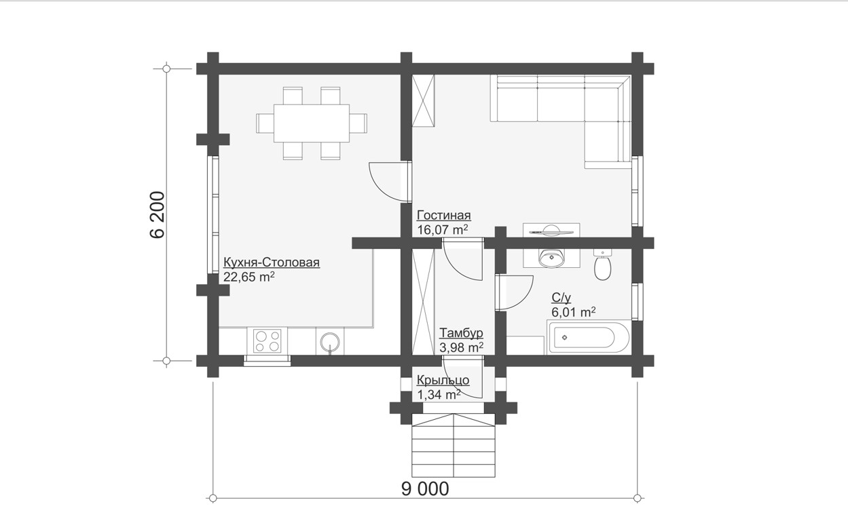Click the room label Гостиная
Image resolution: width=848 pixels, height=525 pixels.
click(443, 215)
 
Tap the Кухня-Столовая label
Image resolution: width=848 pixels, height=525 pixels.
click(272, 262)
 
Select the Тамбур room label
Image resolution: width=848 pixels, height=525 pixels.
click(461, 333)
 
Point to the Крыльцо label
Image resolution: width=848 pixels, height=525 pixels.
click(443, 380)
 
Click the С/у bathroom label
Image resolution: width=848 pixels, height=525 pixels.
click(561, 298)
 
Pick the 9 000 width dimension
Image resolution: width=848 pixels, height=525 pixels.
click(425, 489)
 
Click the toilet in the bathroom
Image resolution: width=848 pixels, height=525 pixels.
click(602, 265)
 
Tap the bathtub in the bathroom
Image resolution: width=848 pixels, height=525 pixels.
click(588, 337)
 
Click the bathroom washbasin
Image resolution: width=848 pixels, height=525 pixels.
click(551, 258)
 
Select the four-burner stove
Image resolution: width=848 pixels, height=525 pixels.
click(267, 341)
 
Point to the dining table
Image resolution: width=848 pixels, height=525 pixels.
click(312, 123)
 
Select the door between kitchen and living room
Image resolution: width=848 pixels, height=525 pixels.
click(390, 181)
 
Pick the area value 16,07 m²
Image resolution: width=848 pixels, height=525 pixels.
click(442, 229)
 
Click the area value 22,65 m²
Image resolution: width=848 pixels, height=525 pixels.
click(248, 277)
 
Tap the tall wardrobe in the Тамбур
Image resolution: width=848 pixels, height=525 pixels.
click(423, 301)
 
